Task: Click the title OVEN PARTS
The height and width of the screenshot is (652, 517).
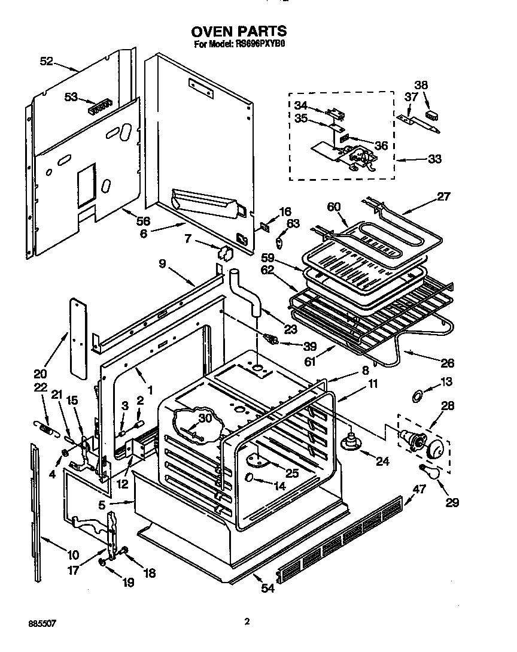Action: [x=239, y=32]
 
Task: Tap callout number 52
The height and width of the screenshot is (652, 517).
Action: [x=47, y=60]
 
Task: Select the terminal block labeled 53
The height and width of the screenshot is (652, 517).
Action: [x=101, y=108]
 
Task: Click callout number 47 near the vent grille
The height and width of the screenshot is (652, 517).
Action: [x=419, y=490]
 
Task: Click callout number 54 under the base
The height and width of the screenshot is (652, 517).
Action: [x=267, y=589]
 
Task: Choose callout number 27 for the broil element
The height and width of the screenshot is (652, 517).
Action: [x=443, y=196]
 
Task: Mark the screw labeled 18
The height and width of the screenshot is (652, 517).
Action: [x=124, y=551]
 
